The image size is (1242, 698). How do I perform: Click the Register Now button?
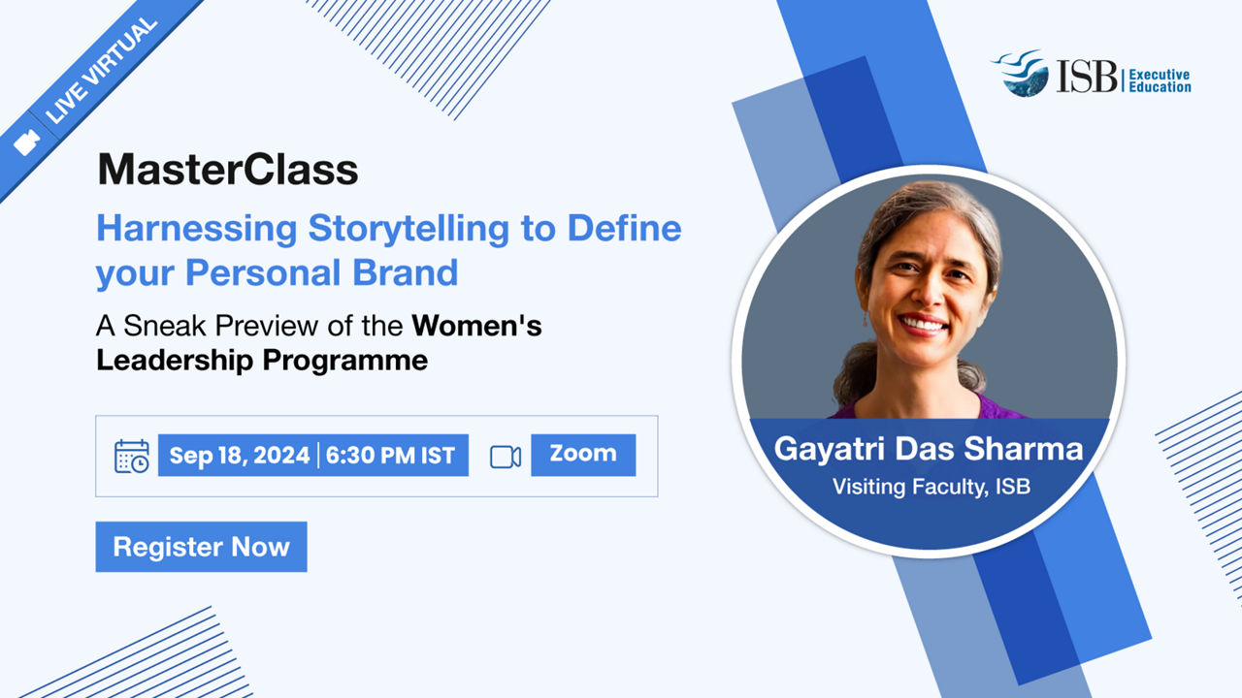[x=201, y=547]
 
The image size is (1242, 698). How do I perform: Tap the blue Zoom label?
[x=583, y=455]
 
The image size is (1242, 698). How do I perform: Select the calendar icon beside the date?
[x=131, y=457]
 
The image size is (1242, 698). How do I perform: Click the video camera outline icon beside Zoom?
[x=506, y=457]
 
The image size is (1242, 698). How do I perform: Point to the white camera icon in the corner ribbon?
[x=26, y=142]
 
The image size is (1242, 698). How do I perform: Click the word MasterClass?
[x=228, y=169]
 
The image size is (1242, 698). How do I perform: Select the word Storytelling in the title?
[x=409, y=228]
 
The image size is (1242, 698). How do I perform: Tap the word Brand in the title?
[x=406, y=272]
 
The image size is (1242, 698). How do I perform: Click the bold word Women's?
[x=476, y=325]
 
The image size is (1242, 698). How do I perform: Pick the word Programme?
[x=344, y=362]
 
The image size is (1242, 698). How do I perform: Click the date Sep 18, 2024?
[x=239, y=456]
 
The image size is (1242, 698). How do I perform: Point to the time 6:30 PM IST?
[x=390, y=456]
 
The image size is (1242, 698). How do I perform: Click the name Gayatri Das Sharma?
[x=929, y=449]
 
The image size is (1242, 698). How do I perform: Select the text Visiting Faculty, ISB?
[x=931, y=487]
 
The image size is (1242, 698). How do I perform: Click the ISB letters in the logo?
[x=1087, y=77]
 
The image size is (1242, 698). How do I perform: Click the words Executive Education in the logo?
[x=1160, y=80]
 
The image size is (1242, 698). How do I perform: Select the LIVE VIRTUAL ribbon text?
[x=102, y=71]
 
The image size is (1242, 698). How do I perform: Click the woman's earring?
[x=865, y=320]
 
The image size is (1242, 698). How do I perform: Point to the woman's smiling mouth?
[x=923, y=324]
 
